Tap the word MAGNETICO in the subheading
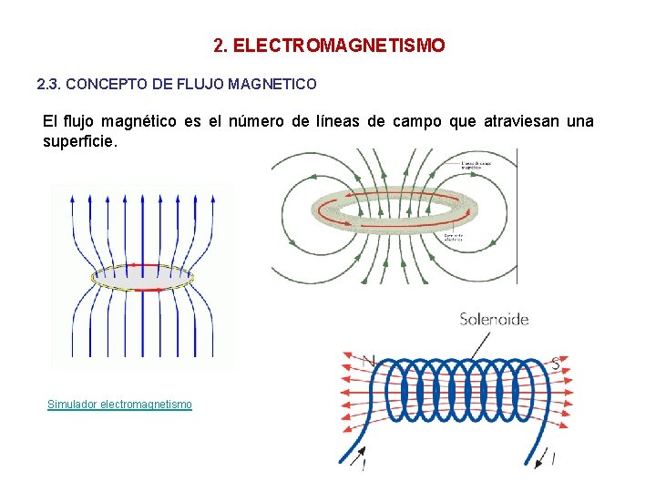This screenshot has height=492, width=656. (x=272, y=85)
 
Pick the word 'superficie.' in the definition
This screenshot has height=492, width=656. (x=80, y=142)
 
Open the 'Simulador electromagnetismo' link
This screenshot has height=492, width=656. (x=119, y=404)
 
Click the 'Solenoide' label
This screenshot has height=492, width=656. (x=494, y=319)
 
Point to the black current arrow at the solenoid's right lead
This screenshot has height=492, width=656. (x=552, y=457)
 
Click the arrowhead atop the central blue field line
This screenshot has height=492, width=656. (x=143, y=193)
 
